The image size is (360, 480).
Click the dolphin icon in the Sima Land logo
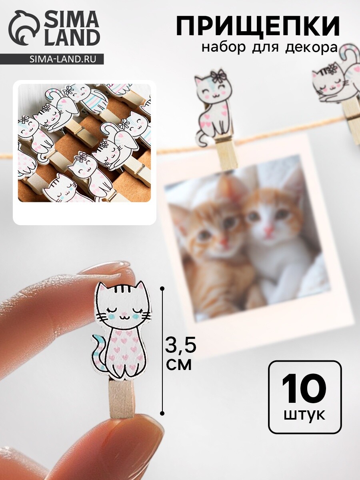[24, 28]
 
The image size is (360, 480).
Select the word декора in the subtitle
[312, 48]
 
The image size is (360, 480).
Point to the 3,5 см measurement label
[180, 356]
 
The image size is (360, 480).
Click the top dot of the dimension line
[162, 289]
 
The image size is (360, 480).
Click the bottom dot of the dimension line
[162, 413]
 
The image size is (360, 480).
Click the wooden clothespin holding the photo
[227, 151]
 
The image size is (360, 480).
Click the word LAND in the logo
[72, 38]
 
